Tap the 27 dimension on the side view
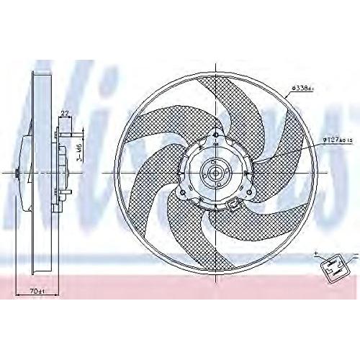65,112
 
